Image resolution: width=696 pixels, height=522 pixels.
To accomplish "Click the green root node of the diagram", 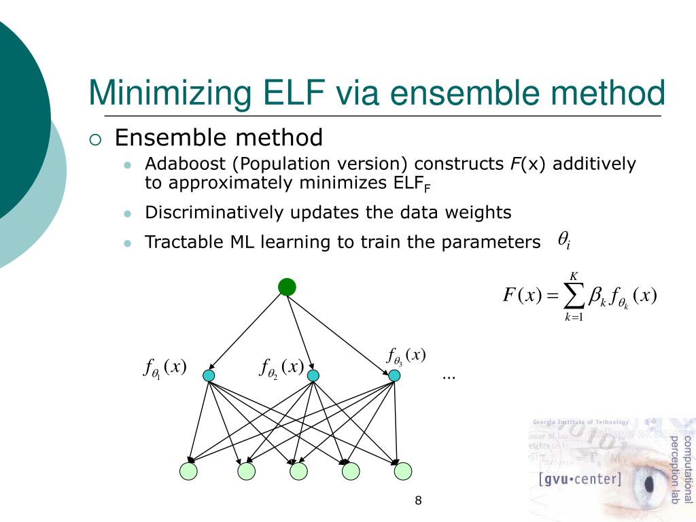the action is (x=288, y=287).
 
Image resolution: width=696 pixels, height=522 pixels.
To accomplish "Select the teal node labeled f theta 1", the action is (x=209, y=375).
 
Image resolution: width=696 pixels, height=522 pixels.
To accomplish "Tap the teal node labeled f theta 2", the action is (x=313, y=375).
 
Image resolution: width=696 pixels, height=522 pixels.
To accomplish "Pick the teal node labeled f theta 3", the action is (x=394, y=375).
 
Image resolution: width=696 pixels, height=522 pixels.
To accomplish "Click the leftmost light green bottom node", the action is (x=188, y=470).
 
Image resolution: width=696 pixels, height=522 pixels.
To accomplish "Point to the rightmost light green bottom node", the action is (x=403, y=470).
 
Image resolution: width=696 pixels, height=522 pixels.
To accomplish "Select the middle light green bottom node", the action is (x=298, y=470).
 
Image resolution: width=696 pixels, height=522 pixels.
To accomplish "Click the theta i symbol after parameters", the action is (x=563, y=239).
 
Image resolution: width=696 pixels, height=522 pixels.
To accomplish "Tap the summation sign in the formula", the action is (x=574, y=296).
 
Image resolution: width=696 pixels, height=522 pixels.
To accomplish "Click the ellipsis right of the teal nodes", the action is (x=448, y=376).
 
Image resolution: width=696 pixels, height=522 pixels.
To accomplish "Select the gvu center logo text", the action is (x=580, y=478).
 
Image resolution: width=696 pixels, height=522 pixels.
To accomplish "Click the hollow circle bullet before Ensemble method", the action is (x=95, y=140).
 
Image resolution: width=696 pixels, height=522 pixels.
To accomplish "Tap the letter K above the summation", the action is (x=574, y=276).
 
